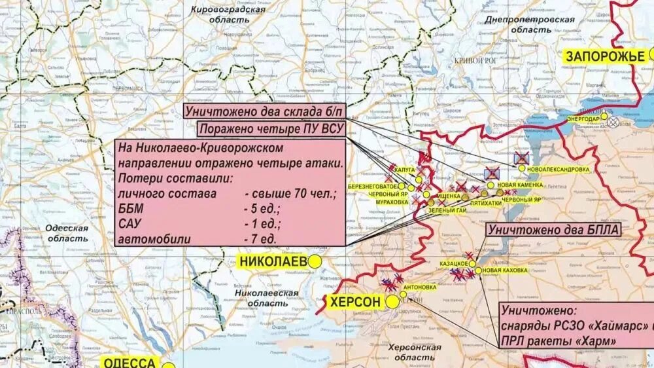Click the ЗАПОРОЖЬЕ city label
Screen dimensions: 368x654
click(x=605, y=56)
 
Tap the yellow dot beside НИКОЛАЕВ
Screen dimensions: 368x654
click(x=315, y=261)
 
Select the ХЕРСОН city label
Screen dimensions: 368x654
click(x=354, y=302)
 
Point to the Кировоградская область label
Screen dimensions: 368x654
click(x=228, y=14)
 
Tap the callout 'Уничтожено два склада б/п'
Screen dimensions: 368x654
click(x=261, y=111)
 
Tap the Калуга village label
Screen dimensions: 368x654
click(x=404, y=170)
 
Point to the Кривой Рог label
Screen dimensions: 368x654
click(x=475, y=60)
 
